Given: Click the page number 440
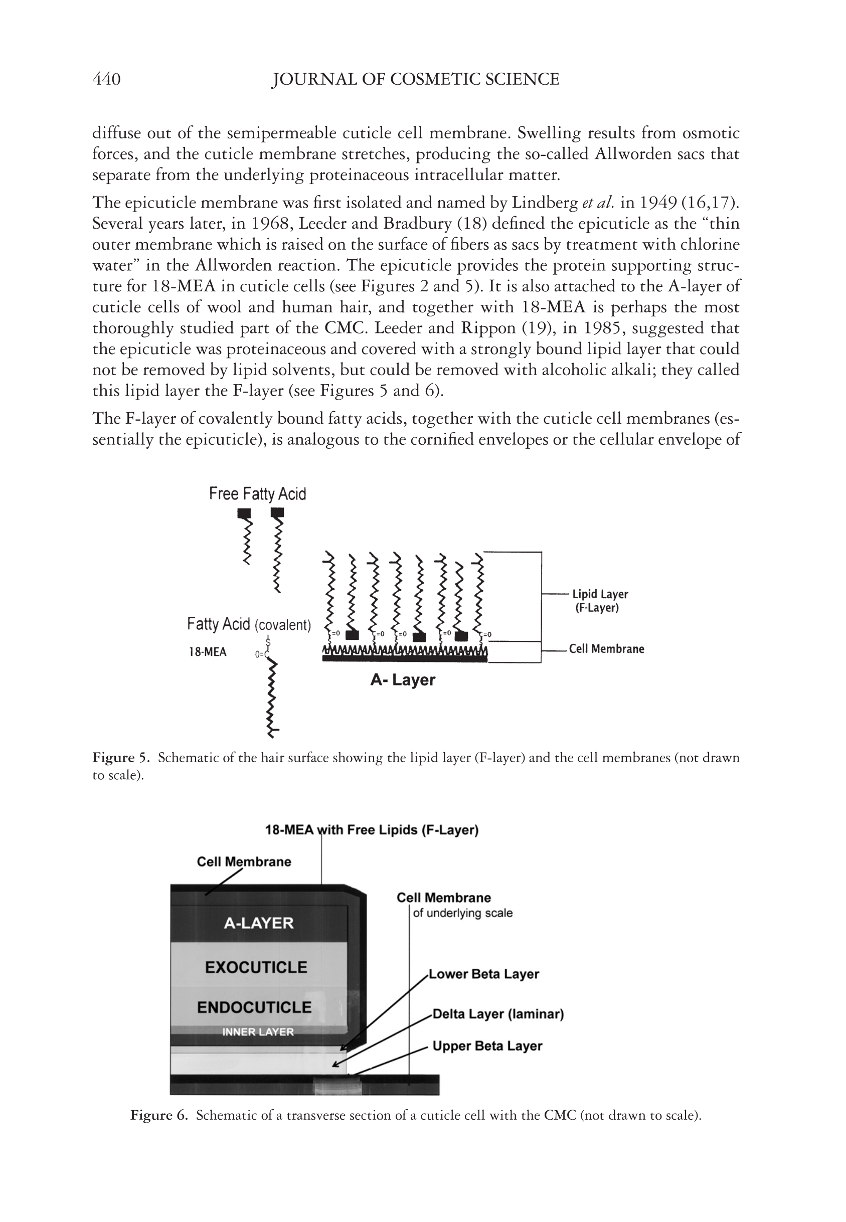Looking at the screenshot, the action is (106, 80).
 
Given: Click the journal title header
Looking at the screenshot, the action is (416, 80).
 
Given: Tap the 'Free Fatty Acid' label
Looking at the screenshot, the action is (258, 494).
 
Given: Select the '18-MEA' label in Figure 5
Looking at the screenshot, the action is (208, 652).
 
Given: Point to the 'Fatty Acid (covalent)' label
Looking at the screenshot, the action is (249, 624).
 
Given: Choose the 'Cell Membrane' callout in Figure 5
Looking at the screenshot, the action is (606, 649).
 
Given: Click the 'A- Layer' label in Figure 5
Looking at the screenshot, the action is (403, 680).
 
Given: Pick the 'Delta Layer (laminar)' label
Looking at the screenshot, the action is (498, 1014).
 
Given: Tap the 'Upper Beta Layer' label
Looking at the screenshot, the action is (487, 1046).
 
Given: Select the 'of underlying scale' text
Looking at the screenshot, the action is (463, 913).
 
